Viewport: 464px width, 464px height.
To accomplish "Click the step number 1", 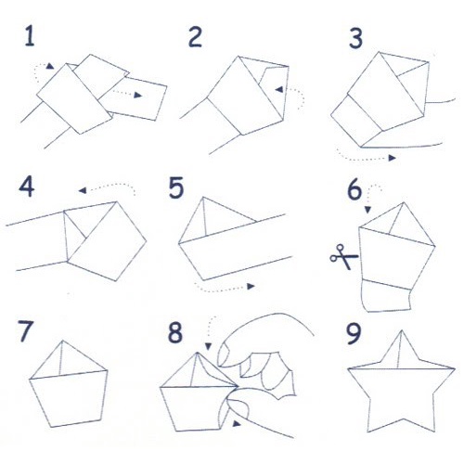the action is (30, 36).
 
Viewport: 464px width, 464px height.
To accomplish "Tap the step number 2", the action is (195, 37).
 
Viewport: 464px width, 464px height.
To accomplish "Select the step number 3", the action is (355, 38).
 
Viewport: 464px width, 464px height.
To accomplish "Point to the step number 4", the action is (27, 187).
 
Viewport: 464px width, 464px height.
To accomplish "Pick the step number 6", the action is (354, 189).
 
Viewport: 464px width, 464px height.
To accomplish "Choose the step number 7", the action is (25, 331).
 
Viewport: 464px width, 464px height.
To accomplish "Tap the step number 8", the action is (175, 332).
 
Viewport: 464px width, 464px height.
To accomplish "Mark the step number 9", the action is (354, 333).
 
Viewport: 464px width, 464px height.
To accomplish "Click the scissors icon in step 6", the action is (344, 257).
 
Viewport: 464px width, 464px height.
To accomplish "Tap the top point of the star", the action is (402, 330).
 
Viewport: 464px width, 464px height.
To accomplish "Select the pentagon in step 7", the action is (69, 384).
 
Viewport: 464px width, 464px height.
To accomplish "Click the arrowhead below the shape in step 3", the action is (393, 158).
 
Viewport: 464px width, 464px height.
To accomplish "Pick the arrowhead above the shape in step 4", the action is (83, 190).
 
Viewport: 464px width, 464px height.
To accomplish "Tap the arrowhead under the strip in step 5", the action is (251, 286).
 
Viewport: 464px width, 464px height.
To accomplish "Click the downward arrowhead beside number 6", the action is (367, 210).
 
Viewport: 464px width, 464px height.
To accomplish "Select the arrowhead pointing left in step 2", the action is (279, 90).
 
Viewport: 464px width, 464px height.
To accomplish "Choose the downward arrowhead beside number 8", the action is (208, 346).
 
